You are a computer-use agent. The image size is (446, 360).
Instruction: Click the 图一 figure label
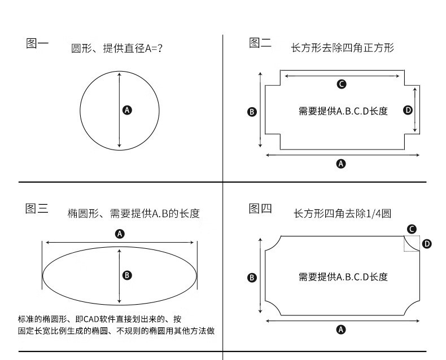point(37,43)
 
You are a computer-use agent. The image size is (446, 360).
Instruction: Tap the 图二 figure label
point(260,43)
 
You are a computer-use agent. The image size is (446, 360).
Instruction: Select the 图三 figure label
point(37,209)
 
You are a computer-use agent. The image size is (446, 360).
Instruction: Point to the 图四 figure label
point(260,209)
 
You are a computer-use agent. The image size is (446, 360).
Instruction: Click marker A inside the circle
point(127,110)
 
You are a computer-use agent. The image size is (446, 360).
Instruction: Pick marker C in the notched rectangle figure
point(341,85)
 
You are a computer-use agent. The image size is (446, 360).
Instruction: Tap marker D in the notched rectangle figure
point(408,110)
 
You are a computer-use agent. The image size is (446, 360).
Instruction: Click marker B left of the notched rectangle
point(252,112)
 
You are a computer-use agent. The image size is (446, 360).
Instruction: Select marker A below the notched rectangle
point(340,164)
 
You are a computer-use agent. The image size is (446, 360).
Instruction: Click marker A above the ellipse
point(120,234)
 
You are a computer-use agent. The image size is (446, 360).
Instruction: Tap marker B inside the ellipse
point(127,275)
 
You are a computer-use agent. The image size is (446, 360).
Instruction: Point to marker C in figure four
point(412,229)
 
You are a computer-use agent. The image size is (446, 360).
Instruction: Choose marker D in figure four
point(427,244)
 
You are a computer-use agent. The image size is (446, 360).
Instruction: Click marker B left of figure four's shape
point(252,277)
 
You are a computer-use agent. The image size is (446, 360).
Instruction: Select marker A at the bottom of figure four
point(340,330)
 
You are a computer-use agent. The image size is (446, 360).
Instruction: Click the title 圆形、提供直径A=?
point(117,49)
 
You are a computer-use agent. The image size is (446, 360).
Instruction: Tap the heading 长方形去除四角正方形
point(342,48)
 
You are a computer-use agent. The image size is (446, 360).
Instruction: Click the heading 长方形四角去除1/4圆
point(343,214)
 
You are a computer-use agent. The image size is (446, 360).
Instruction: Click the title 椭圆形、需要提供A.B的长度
point(133,213)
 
